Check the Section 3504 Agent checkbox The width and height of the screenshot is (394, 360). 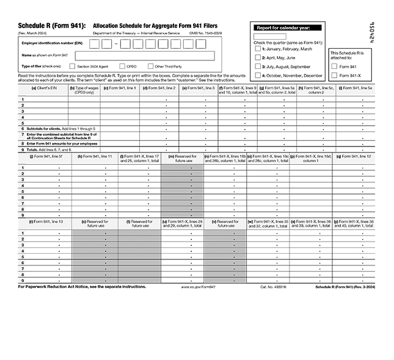[x=73, y=66]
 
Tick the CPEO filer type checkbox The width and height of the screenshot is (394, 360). [x=122, y=66]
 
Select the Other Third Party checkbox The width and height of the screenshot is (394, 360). [x=150, y=66]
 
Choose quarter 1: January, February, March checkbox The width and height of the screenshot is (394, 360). [x=258, y=49]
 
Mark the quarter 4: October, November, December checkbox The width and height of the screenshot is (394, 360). [x=258, y=75]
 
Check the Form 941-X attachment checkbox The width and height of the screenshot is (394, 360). [x=334, y=75]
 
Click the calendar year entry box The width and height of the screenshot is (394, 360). [x=269, y=36]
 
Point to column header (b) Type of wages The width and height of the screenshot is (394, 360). [x=84, y=90]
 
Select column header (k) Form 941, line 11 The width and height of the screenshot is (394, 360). [x=95, y=157]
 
